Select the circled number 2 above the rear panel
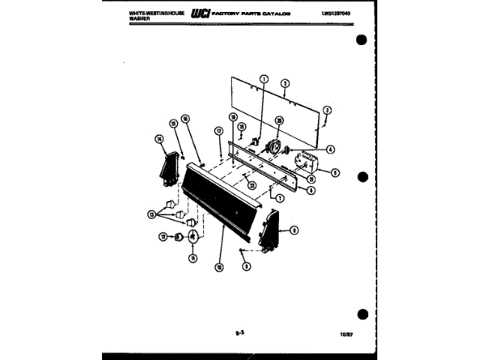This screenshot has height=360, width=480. click(x=286, y=83)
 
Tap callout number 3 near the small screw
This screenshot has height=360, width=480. click(x=327, y=110)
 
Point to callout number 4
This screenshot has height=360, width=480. click(x=330, y=148)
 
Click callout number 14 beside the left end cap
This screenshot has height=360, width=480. click(x=159, y=138)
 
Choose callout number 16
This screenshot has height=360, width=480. click(x=185, y=118)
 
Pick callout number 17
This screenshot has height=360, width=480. click(x=219, y=130)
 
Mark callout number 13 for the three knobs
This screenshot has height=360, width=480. click(x=152, y=214)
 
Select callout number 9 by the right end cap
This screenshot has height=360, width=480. click(x=294, y=230)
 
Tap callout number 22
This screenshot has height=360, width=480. click(x=252, y=184)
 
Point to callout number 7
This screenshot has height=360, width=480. click(x=279, y=198)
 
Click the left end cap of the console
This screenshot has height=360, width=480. click(x=169, y=169)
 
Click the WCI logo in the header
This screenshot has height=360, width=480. click(x=201, y=13)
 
